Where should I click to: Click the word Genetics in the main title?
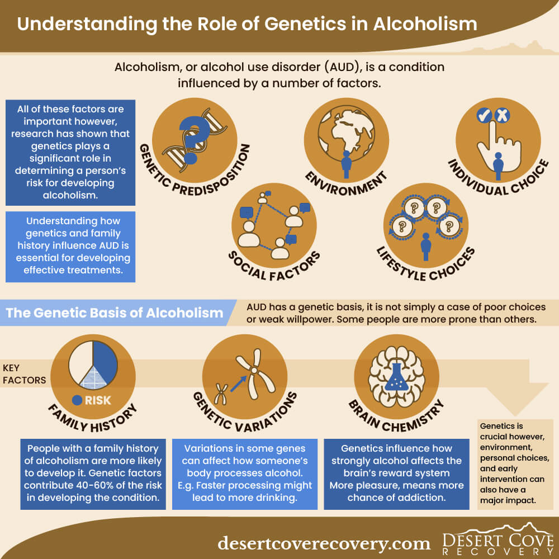click(x=305, y=24)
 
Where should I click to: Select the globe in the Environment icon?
click(x=346, y=134)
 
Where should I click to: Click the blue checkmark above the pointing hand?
click(x=484, y=116)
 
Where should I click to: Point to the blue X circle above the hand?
click(x=502, y=115)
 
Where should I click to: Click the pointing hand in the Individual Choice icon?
click(x=499, y=149)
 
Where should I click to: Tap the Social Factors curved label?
click(x=274, y=267)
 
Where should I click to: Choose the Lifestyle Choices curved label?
click(x=426, y=266)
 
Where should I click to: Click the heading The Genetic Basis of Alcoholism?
click(x=115, y=312)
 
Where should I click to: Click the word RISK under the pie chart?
click(x=98, y=400)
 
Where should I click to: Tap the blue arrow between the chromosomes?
click(x=239, y=384)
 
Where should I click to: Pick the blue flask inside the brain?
click(x=396, y=377)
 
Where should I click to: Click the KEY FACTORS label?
click(x=24, y=374)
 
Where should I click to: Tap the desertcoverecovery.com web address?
click(x=324, y=544)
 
